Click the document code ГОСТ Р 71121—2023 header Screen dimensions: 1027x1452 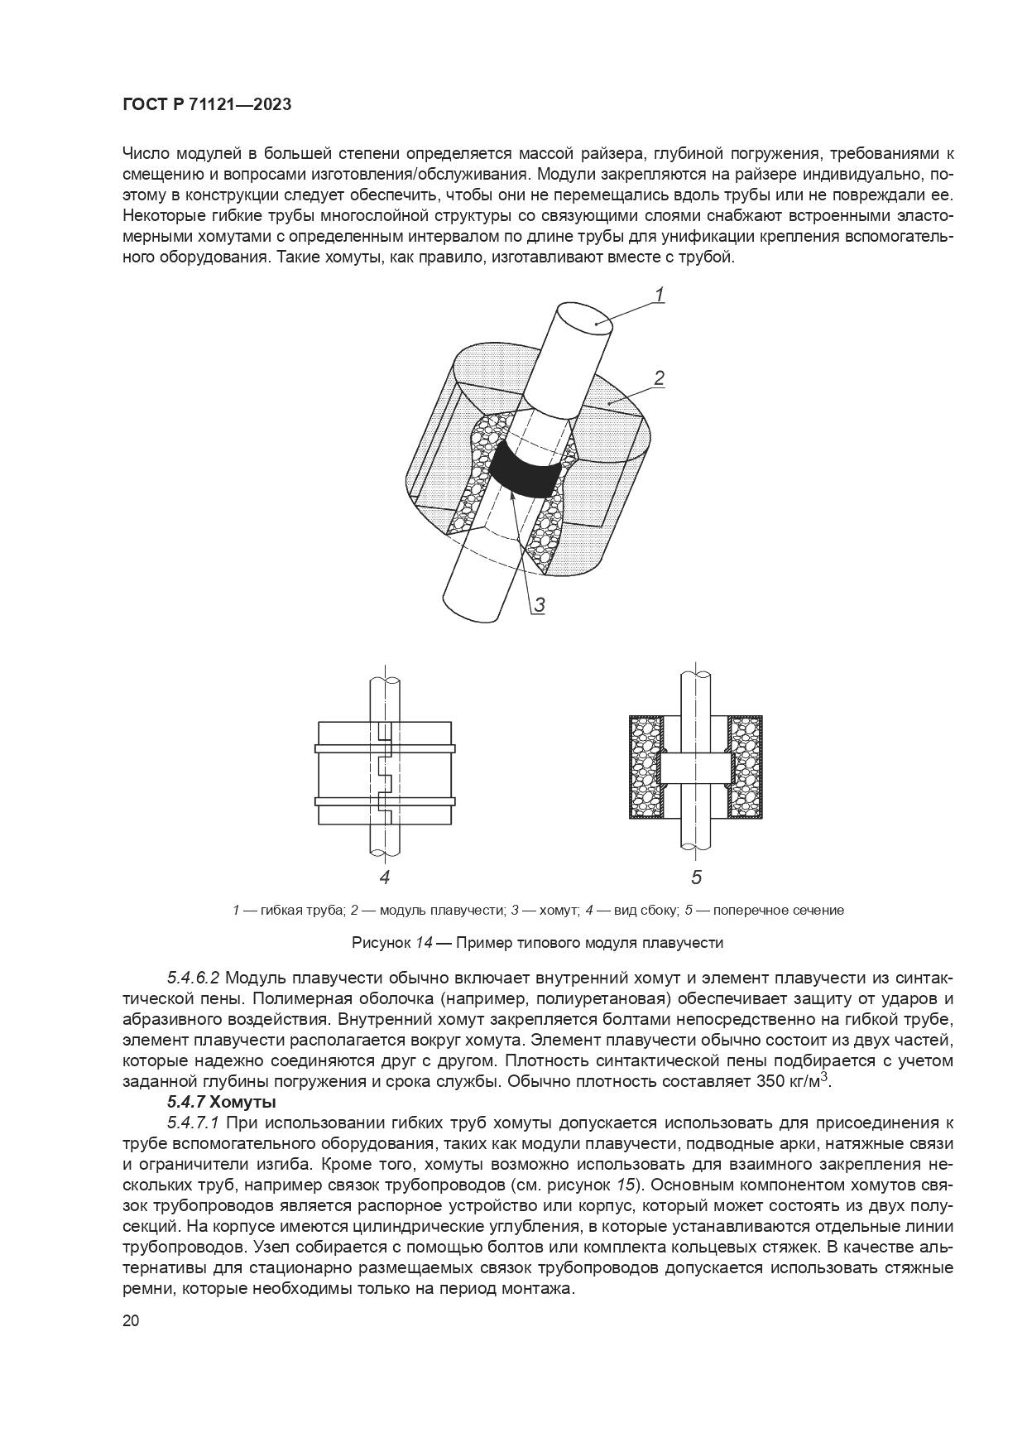click(206, 105)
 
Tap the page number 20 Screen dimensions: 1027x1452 click(131, 1320)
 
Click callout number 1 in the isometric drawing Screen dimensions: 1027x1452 click(660, 294)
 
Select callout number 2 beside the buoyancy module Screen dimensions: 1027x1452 click(660, 378)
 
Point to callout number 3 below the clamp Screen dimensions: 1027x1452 click(539, 604)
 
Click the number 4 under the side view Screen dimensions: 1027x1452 click(384, 877)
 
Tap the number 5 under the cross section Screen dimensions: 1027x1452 click(696, 877)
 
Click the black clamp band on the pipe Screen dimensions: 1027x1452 click(525, 471)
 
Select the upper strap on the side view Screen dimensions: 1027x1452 click(385, 749)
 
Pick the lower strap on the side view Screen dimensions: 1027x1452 click(385, 801)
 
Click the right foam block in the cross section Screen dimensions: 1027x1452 click(744, 767)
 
